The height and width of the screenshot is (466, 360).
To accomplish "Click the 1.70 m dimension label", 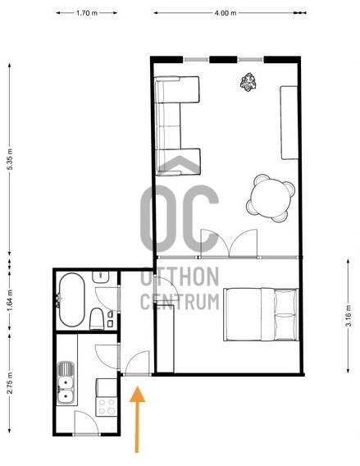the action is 87,13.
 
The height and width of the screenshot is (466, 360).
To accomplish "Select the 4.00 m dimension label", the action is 226,13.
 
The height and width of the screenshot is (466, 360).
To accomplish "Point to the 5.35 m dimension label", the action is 10,159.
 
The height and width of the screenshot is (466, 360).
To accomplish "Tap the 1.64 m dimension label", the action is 10,301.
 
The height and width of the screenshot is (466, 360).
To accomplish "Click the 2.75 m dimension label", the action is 10,383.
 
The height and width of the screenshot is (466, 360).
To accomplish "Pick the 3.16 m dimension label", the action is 349,316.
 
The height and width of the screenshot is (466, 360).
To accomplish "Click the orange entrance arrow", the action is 137,419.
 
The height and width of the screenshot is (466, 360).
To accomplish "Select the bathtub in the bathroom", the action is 71,300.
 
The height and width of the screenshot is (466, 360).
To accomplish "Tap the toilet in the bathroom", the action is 97,319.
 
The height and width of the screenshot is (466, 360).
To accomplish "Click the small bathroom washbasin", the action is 101,277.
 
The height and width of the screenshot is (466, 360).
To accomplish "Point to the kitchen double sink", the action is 66,382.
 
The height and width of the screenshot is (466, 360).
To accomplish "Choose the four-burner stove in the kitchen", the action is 107,407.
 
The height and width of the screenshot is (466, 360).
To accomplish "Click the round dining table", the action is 271,198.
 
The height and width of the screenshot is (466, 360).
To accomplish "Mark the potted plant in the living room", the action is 248,82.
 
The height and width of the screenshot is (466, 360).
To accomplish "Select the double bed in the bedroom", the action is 261,314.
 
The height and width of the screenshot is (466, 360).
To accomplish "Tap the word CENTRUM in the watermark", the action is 180,301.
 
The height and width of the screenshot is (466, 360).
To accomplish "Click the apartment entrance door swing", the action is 137,363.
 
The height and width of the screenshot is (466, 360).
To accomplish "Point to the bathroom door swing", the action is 107,299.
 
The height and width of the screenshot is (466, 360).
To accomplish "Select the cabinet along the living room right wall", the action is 289,123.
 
